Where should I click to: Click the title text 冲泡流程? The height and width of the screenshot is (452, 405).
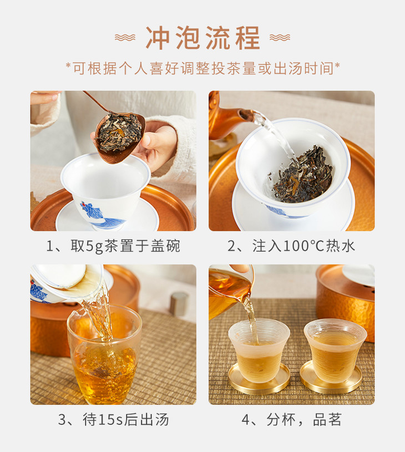[203, 38]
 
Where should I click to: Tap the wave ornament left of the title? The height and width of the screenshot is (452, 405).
[125, 38]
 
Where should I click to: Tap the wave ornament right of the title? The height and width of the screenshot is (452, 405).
[280, 38]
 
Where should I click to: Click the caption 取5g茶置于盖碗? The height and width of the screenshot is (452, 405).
[113, 246]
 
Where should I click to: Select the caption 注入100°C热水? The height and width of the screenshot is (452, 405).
[291, 246]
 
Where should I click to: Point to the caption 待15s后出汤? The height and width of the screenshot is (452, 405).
[113, 419]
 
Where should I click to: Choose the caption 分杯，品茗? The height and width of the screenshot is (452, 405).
[292, 419]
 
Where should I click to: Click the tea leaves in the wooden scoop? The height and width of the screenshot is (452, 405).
[119, 133]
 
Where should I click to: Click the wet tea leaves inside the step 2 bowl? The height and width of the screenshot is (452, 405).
[301, 174]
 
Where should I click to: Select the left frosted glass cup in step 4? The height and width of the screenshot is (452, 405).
[259, 350]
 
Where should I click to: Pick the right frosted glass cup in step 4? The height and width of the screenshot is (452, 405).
[335, 350]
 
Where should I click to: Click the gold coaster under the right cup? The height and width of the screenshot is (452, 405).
[331, 377]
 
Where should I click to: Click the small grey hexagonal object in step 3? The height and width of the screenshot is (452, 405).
[179, 303]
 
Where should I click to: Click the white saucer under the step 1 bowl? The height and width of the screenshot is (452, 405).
[107, 217]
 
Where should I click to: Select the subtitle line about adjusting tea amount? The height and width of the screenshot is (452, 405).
[203, 69]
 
